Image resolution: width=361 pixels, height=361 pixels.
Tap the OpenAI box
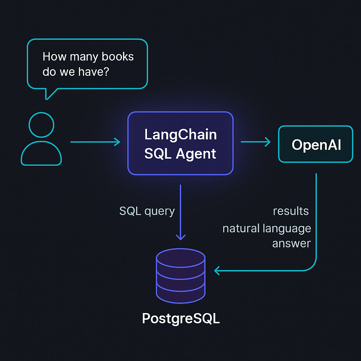(316, 144)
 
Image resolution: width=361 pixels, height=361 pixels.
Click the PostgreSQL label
(180, 318)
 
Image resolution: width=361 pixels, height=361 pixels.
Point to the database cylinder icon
(180, 279)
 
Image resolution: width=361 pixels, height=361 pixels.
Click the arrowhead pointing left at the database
(217, 271)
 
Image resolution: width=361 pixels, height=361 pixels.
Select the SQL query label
(147, 211)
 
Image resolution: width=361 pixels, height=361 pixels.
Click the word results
(291, 211)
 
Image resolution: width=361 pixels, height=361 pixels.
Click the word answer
(291, 243)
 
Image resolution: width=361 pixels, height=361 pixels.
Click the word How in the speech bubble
(53, 57)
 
